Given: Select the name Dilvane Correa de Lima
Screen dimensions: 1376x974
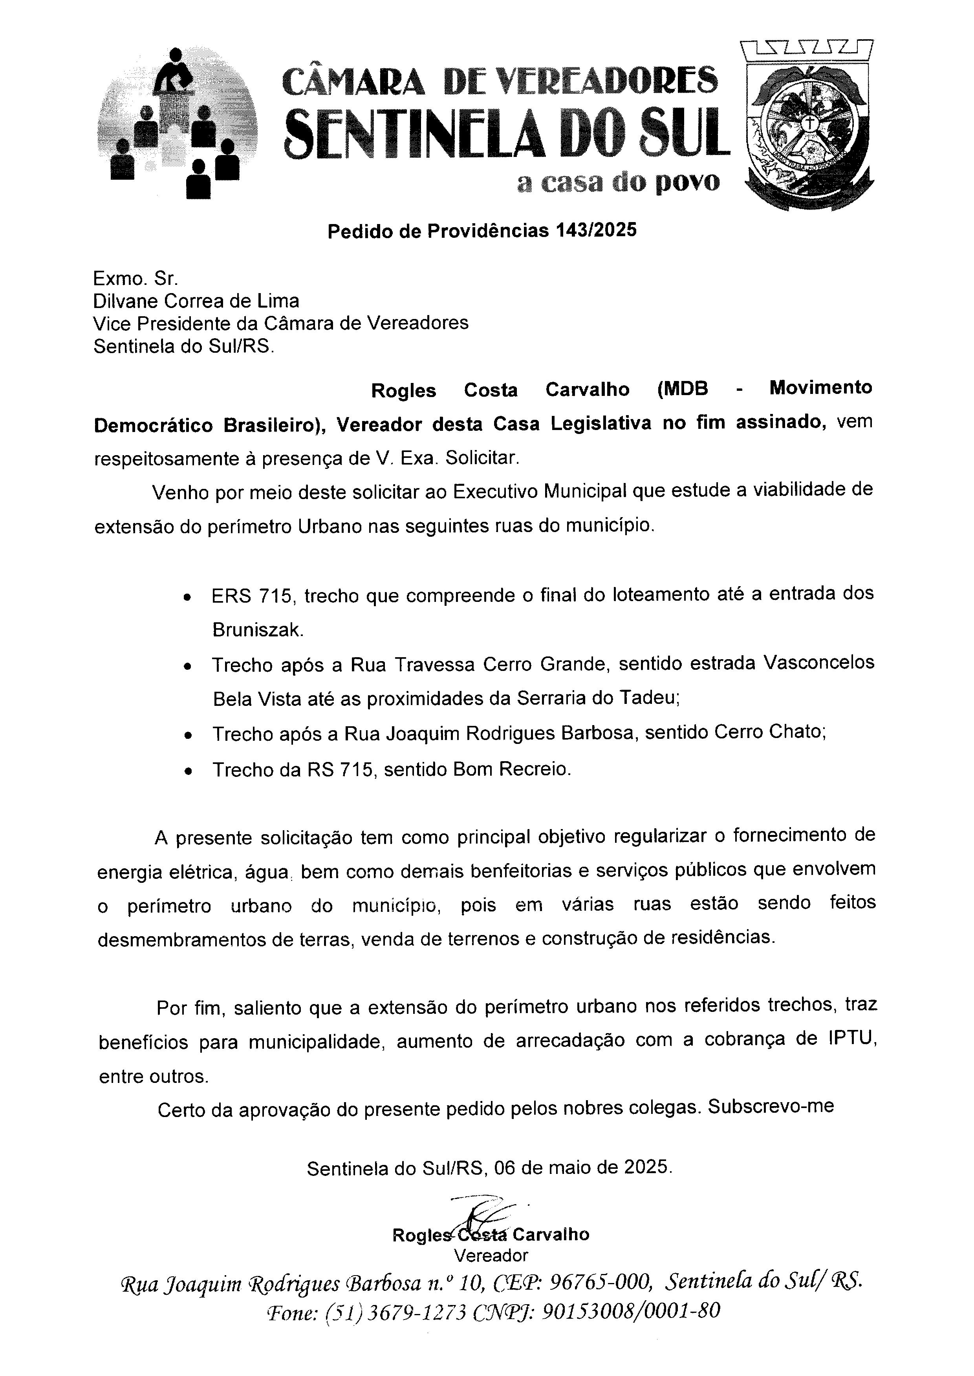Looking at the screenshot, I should pyautogui.click(x=196, y=300).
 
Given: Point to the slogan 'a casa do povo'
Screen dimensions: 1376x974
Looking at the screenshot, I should pyautogui.click(x=618, y=182).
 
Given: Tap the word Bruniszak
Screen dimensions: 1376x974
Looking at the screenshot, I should pyautogui.click(x=258, y=630).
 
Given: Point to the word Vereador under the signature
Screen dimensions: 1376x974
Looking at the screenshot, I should pyautogui.click(x=491, y=1255).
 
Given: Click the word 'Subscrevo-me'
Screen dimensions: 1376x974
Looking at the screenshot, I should pyautogui.click(x=771, y=1106).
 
